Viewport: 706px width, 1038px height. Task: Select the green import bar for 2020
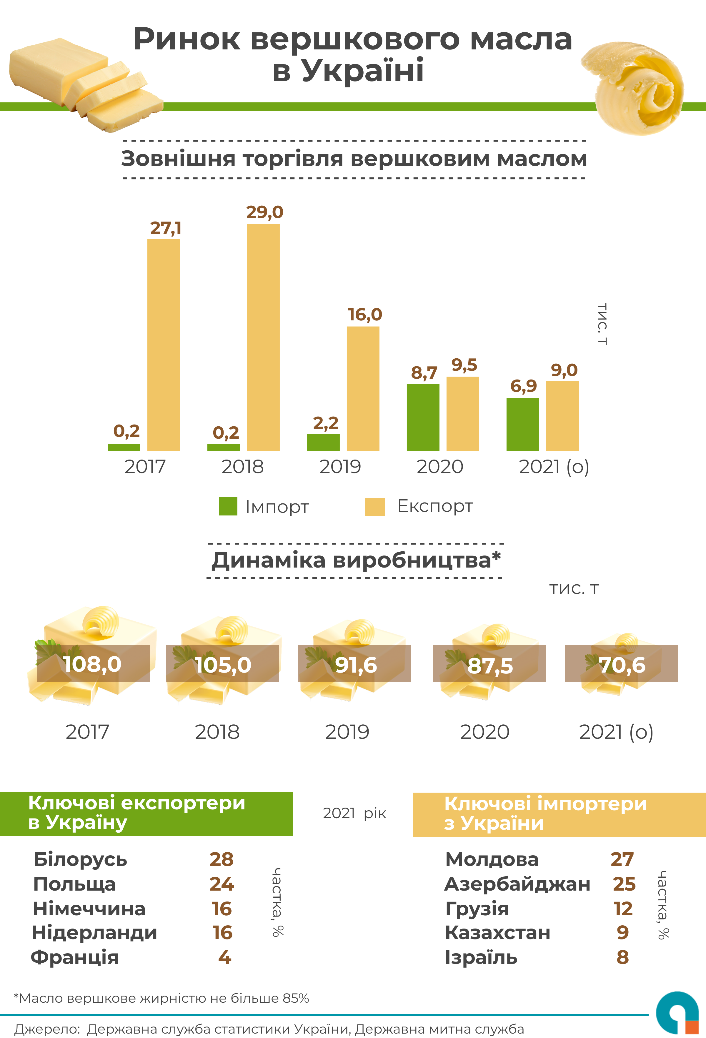pyautogui.click(x=423, y=417)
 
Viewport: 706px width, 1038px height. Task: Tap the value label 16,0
pyautogui.click(x=365, y=315)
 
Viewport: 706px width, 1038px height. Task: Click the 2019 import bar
pyautogui.click(x=323, y=442)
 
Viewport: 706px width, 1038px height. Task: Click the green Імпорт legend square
pyautogui.click(x=228, y=506)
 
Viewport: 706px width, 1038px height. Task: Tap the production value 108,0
pyautogui.click(x=92, y=664)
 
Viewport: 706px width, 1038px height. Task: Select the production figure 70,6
pyautogui.click(x=622, y=665)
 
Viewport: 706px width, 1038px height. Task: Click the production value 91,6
pyautogui.click(x=356, y=665)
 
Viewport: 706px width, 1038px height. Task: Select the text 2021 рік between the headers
pyautogui.click(x=354, y=813)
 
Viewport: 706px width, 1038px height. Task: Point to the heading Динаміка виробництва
pyautogui.click(x=355, y=560)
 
